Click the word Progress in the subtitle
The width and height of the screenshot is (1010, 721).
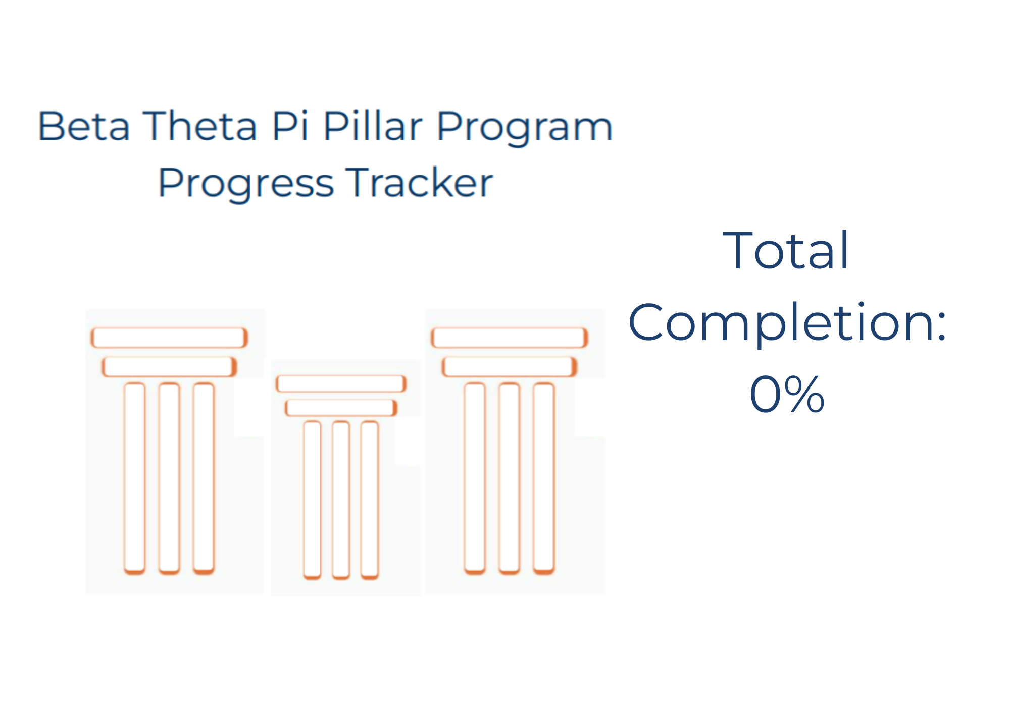click(246, 185)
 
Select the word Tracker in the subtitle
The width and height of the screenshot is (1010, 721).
click(419, 182)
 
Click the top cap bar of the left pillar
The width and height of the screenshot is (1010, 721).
click(169, 338)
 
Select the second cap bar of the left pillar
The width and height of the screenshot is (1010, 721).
click(169, 367)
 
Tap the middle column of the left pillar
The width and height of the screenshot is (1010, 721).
click(169, 478)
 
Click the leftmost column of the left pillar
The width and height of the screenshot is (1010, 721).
click(135, 478)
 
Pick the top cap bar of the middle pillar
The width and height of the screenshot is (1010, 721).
click(341, 384)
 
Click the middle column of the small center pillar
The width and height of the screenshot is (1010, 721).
click(341, 500)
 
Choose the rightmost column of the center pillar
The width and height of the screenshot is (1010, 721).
click(370, 500)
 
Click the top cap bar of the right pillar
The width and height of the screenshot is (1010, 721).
click(510, 338)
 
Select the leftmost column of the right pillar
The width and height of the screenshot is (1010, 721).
click(475, 478)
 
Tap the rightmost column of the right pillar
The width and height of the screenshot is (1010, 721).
click(544, 478)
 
